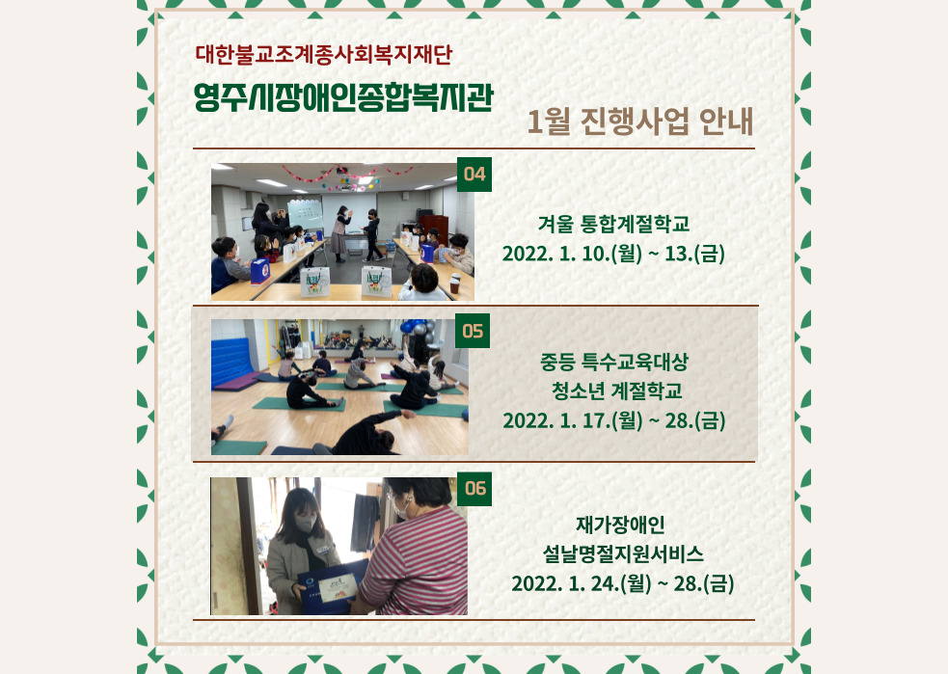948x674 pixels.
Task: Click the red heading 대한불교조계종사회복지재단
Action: click(x=323, y=54)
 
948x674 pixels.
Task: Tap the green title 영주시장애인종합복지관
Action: click(x=343, y=97)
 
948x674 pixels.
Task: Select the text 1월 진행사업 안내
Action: click(x=640, y=121)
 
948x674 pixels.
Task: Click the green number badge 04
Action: click(x=474, y=175)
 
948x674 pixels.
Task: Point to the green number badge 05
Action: click(x=473, y=331)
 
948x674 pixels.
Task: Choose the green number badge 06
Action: click(x=475, y=489)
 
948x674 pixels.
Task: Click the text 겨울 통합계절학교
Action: click(x=613, y=225)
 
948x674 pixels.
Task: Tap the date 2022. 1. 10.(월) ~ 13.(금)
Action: click(x=613, y=254)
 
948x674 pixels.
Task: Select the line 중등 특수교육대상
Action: click(x=614, y=363)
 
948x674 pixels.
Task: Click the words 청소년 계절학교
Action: click(x=616, y=391)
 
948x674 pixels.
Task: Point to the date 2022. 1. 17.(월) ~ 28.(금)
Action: click(x=614, y=420)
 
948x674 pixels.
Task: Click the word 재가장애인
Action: click(x=620, y=525)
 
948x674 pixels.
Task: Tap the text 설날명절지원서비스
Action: click(x=623, y=553)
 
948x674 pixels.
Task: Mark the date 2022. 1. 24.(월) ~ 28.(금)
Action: click(x=623, y=583)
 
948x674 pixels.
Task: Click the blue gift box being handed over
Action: click(x=330, y=586)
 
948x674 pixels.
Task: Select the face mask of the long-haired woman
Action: click(x=304, y=524)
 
